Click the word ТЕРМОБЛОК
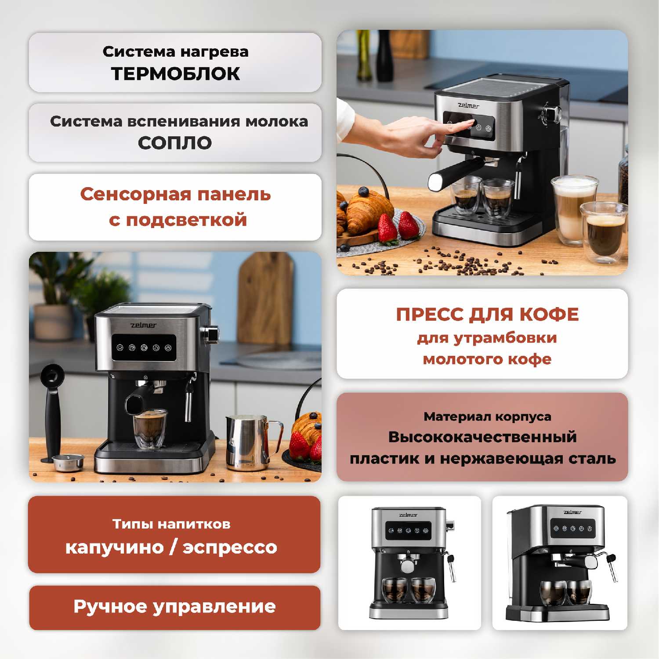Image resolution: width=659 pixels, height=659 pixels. (x=175, y=74)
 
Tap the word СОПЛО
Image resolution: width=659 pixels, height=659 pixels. (x=175, y=143)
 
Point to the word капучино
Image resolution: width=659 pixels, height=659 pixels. (x=114, y=548)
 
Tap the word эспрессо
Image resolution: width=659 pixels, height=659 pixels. (x=230, y=548)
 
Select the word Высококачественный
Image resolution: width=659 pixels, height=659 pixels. (x=482, y=437)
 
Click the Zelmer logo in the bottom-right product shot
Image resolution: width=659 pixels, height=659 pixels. (x=572, y=512)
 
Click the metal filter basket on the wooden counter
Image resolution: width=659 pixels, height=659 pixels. (x=68, y=462)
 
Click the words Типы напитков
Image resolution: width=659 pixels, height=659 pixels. (x=171, y=524)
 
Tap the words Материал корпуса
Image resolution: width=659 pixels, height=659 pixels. (x=487, y=416)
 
